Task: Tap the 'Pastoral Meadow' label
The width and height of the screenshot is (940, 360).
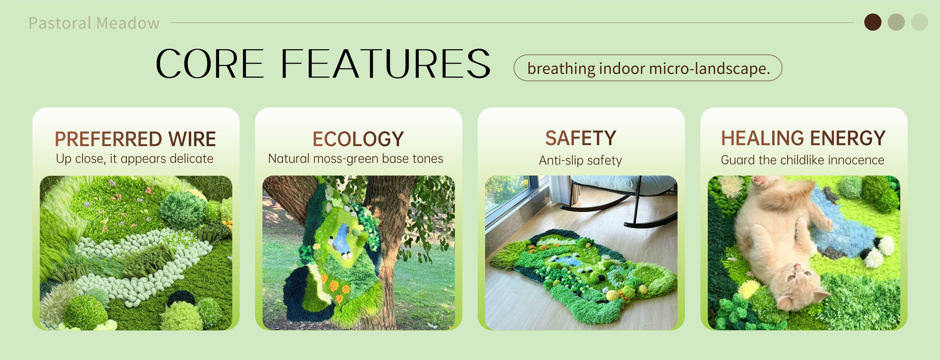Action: pyautogui.click(x=94, y=23)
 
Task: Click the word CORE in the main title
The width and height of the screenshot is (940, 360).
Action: pyautogui.click(x=210, y=64)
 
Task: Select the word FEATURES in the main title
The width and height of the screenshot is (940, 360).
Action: pyautogui.click(x=385, y=64)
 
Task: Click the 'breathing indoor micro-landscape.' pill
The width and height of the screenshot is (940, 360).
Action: pyautogui.click(x=648, y=68)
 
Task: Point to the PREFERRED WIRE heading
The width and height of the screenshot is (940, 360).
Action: pyautogui.click(x=135, y=139)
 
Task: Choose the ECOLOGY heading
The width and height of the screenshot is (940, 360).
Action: pyautogui.click(x=358, y=139)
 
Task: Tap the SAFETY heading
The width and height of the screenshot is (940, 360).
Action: pyautogui.click(x=581, y=138)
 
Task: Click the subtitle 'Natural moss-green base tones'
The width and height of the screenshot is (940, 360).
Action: pyautogui.click(x=356, y=159)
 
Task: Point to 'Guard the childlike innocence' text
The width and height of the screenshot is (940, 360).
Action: pyautogui.click(x=802, y=160)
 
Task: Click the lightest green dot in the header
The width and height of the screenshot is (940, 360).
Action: pyautogui.click(x=919, y=22)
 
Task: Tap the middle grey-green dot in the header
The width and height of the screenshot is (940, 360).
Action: pyautogui.click(x=896, y=22)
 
